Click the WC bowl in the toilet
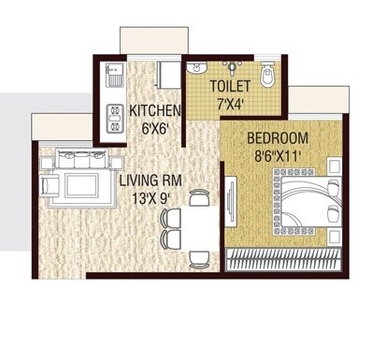pos(268,75)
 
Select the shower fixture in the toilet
pos(234,65)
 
